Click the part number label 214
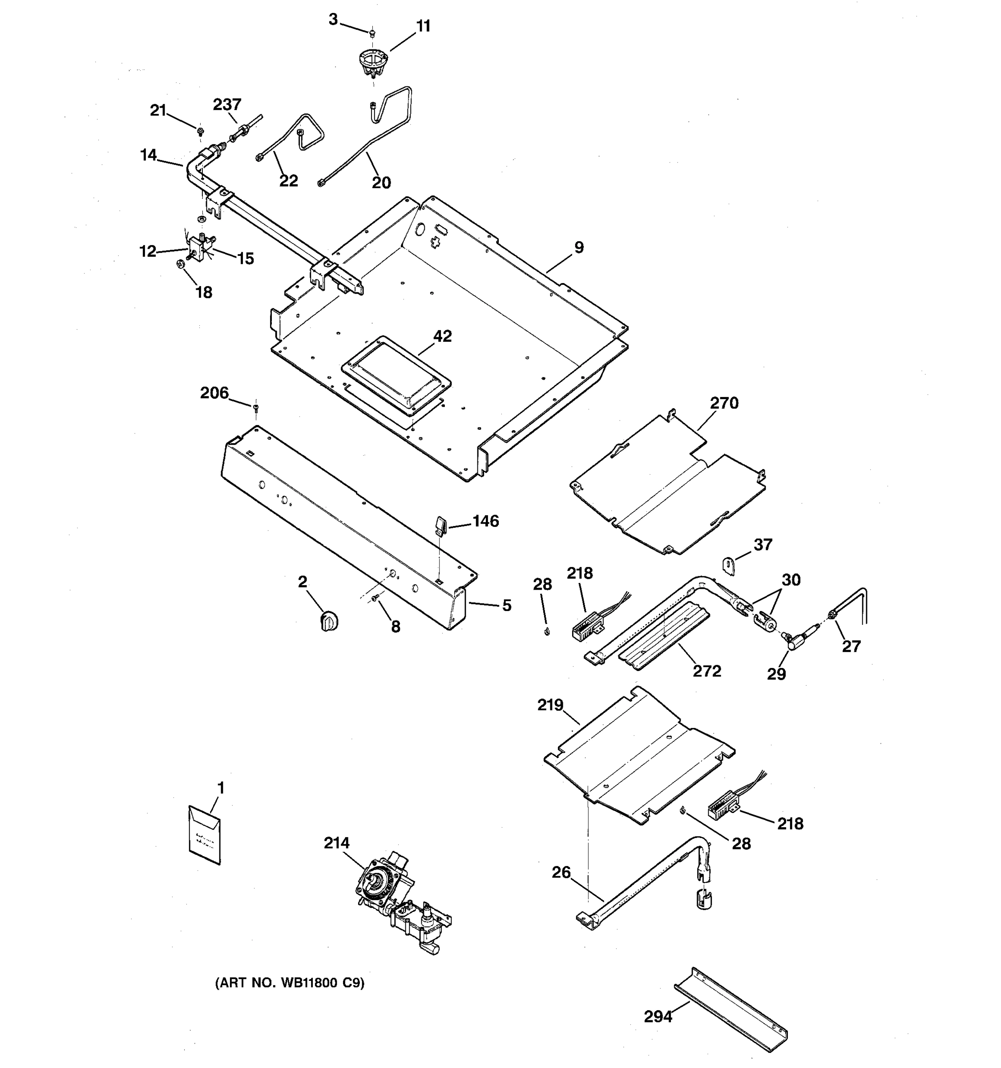(x=336, y=843)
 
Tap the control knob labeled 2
(x=329, y=621)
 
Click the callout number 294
(x=658, y=1016)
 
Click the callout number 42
(x=443, y=336)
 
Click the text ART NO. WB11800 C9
(x=290, y=983)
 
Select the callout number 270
(x=724, y=403)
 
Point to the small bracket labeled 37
(x=729, y=566)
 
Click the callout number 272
(x=707, y=671)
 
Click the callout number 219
(x=550, y=705)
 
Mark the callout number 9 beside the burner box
(x=578, y=248)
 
